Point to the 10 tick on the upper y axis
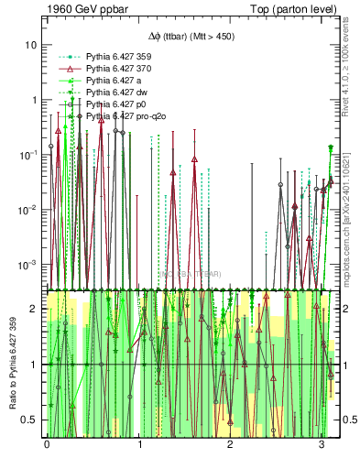tap(30, 45)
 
